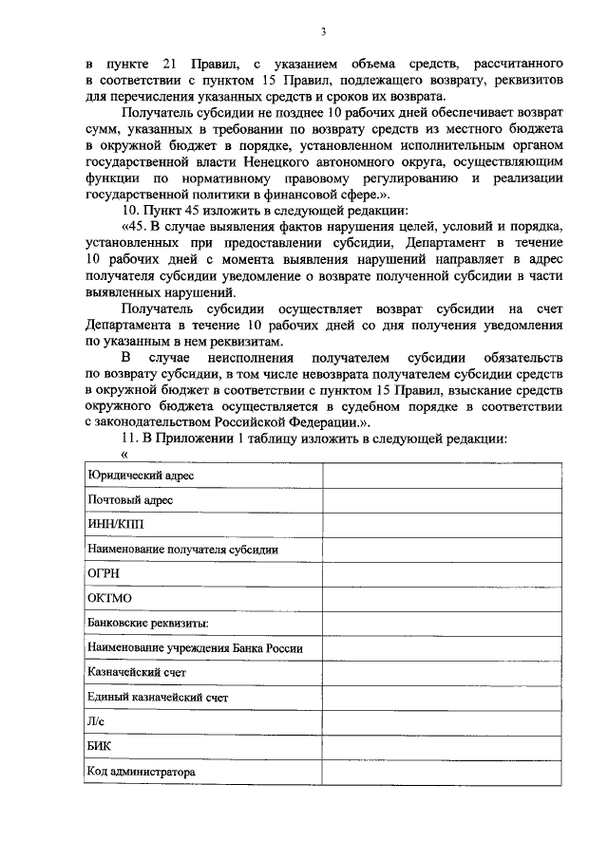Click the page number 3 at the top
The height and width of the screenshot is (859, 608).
coord(323,32)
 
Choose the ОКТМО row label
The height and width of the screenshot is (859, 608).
coord(108,598)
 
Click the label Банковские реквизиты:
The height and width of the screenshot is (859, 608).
coord(147,623)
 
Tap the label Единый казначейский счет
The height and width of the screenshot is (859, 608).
coord(157,698)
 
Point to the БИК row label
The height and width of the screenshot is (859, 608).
coord(99,747)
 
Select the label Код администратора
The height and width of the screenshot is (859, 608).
coord(141,772)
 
